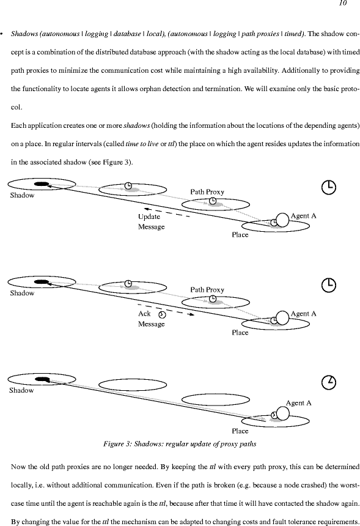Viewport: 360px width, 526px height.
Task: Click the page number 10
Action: tap(343, 3)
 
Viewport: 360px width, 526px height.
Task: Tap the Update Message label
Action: tap(151, 221)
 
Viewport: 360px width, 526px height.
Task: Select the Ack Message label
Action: tap(151, 319)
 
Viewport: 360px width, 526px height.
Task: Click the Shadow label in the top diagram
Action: tap(22, 195)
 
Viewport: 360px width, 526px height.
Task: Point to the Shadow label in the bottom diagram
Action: tap(21, 390)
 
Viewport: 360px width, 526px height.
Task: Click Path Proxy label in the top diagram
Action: tap(207, 192)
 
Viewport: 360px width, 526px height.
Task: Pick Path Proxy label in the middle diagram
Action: tap(207, 290)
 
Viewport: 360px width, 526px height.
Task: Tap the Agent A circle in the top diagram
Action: tap(282, 220)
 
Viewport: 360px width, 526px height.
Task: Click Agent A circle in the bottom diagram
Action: tap(282, 413)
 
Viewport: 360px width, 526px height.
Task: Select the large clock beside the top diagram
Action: tap(329, 187)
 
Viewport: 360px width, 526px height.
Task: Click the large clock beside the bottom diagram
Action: tap(329, 382)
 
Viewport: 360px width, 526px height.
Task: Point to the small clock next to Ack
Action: tap(162, 314)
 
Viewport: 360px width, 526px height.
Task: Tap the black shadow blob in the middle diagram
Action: tap(42, 282)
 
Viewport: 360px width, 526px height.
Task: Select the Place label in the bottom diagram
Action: tap(240, 431)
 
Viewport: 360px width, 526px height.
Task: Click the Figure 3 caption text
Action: tap(180, 444)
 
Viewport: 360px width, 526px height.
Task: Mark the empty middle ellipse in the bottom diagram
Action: tap(216, 399)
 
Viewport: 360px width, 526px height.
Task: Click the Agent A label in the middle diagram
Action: tap(303, 314)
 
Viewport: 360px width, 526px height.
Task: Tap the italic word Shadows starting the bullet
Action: tap(24, 34)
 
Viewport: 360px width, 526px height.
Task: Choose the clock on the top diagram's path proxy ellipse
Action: tap(213, 201)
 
